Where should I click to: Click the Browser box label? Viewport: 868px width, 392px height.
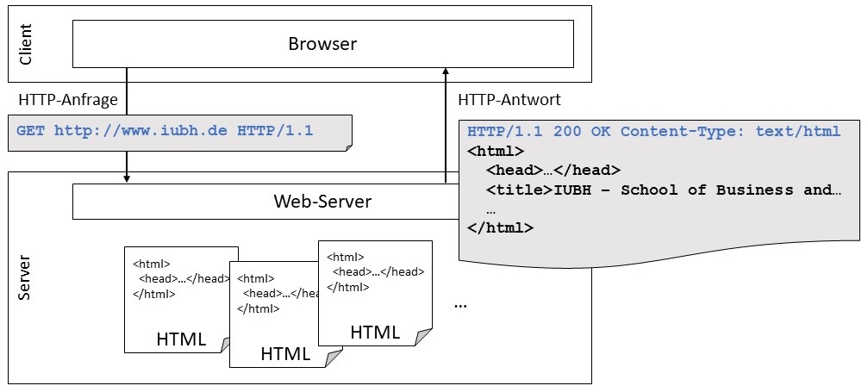322,44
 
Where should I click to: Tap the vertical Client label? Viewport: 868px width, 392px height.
25,45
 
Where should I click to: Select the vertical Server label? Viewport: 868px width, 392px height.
25,277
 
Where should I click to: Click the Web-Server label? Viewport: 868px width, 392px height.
322,202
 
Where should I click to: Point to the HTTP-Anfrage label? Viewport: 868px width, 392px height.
68,100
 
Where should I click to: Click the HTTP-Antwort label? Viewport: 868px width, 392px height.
509,100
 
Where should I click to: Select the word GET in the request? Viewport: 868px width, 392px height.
30,132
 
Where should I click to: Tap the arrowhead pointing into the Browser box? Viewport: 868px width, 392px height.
446,72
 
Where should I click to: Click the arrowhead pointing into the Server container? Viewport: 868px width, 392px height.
127,178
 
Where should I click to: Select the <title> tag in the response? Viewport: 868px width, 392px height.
518,190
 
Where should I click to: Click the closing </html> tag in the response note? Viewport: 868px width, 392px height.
500,228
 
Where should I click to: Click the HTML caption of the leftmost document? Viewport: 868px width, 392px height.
181,339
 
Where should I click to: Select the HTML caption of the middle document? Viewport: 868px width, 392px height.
285,353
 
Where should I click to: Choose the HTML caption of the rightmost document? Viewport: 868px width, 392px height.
375,333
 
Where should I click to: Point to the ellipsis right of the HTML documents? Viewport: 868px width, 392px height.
460,305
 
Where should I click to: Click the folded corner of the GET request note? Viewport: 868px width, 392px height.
347,148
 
